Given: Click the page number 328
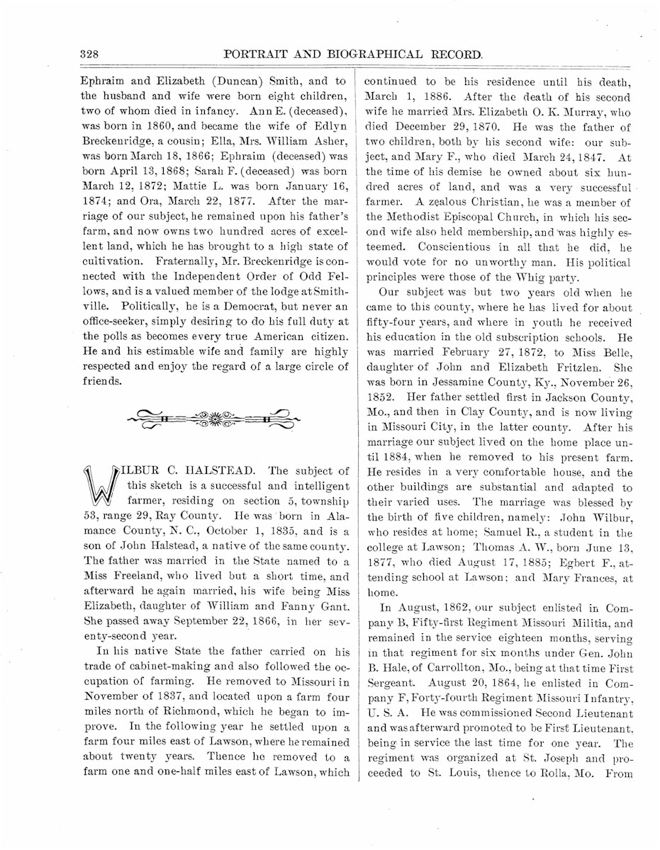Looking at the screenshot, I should pos(89,54).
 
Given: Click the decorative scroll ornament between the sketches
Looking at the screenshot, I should pos(213,419).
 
